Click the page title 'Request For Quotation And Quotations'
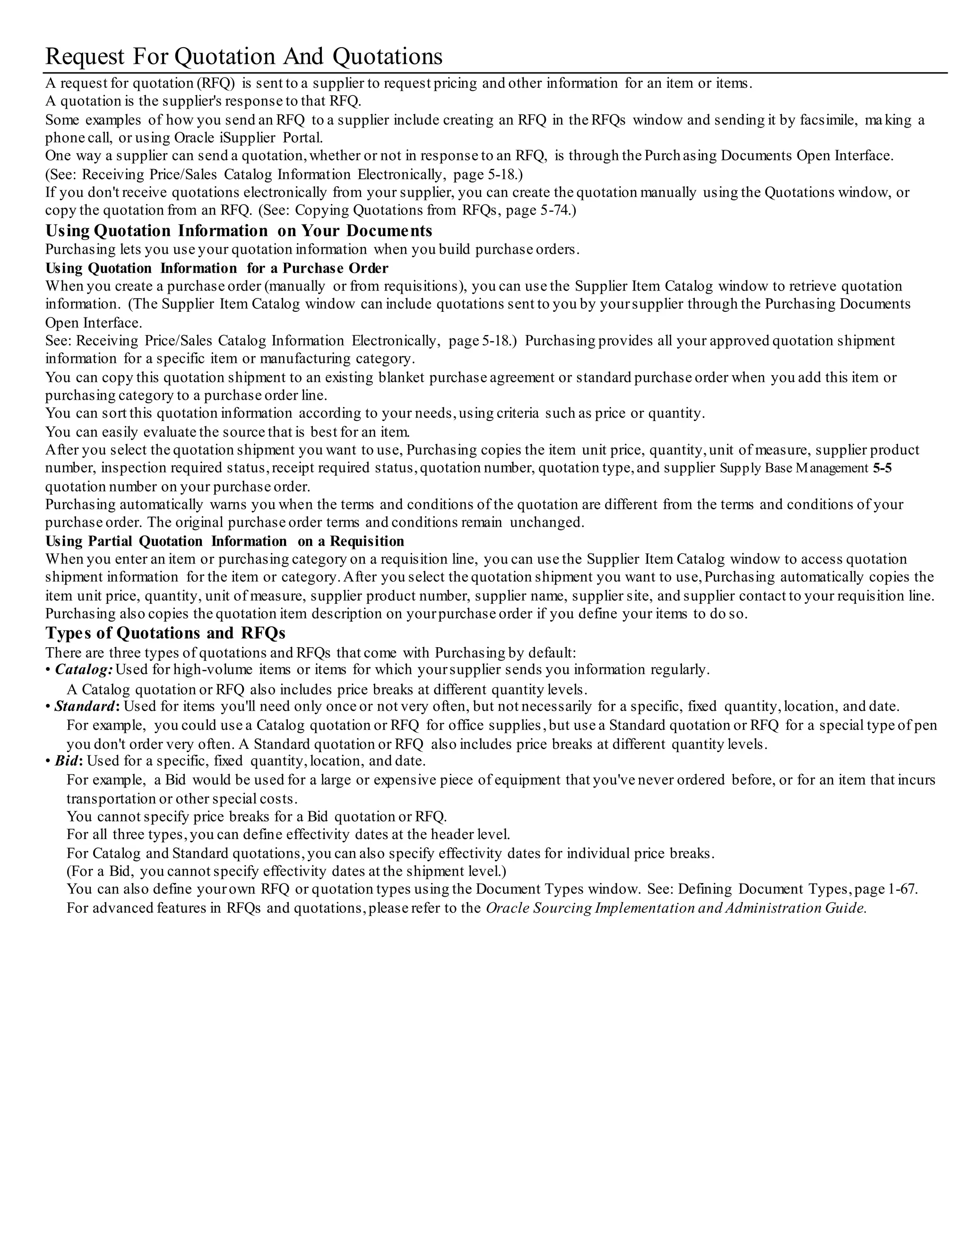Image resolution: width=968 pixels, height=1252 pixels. click(244, 57)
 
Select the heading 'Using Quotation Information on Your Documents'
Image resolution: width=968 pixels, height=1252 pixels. click(239, 231)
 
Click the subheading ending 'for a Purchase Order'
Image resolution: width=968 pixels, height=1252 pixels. click(217, 268)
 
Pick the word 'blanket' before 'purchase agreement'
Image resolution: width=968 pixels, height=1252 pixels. click(400, 378)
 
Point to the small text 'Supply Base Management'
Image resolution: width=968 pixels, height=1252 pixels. click(794, 468)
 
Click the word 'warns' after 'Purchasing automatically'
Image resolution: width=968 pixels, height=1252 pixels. click(228, 505)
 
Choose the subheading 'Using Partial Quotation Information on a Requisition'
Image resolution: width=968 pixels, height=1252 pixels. click(225, 542)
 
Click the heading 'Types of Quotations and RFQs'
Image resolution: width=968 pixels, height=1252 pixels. click(165, 634)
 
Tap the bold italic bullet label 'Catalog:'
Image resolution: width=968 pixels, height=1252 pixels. click(84, 670)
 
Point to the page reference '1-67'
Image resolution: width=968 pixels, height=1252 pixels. click(901, 890)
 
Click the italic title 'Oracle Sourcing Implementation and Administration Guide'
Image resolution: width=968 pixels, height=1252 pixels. click(675, 909)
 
